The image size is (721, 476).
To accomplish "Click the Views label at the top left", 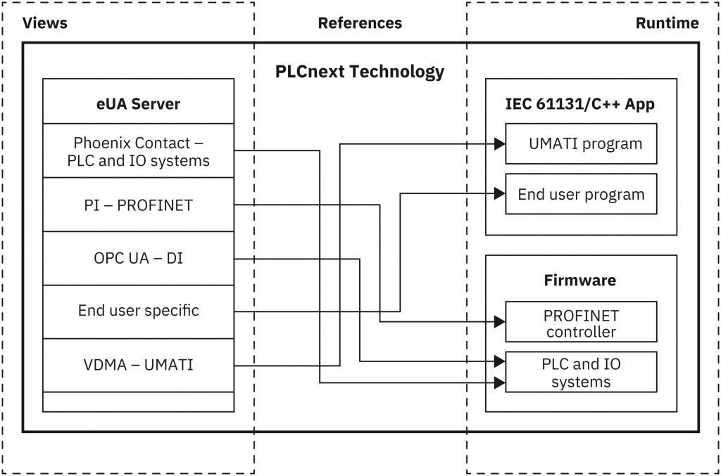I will tap(45, 23).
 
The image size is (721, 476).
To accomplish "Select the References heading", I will tap(360, 23).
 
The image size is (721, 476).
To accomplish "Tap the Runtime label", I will tap(667, 23).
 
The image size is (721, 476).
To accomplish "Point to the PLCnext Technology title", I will tap(360, 72).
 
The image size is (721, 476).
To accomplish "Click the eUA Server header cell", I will tap(138, 104).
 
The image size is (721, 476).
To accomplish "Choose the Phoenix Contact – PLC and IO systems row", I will tap(138, 151).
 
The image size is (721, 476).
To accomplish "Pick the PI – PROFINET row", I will tap(138, 205).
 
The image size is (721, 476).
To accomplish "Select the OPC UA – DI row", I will tap(138, 258).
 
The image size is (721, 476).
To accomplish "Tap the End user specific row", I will tap(138, 311).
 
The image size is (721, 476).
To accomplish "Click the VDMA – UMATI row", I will tap(138, 365).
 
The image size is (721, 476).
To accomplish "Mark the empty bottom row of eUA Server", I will tap(138, 401).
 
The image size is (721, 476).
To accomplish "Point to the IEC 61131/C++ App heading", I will tap(580, 104).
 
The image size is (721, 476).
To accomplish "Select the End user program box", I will tap(581, 194).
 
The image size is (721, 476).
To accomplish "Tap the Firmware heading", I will tap(580, 281).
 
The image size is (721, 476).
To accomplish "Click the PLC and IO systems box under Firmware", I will tap(581, 373).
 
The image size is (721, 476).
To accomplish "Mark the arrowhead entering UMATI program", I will tap(500, 144).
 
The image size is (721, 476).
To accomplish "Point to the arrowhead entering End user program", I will tap(500, 193).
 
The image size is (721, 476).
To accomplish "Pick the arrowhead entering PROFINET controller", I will tap(500, 322).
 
